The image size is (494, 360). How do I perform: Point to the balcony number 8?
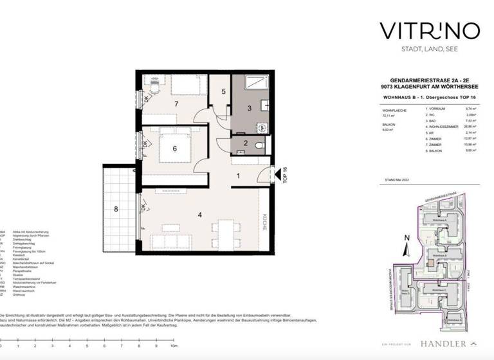point(116,208)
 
